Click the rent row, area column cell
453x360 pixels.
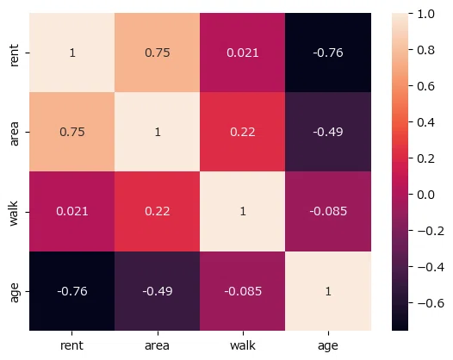(x=157, y=53)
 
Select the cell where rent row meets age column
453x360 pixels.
(x=328, y=53)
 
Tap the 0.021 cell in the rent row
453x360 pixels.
(x=242, y=53)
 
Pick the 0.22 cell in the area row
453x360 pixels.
(x=242, y=132)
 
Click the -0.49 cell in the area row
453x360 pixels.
(x=328, y=132)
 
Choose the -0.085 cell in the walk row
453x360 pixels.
(x=328, y=212)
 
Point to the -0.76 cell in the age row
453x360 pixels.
(x=72, y=291)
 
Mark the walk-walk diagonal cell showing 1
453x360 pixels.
(x=242, y=212)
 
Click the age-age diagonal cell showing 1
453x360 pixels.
(x=328, y=291)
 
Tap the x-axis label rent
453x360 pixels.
(x=71, y=345)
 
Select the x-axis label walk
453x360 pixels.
(x=243, y=345)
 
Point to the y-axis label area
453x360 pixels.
(x=14, y=133)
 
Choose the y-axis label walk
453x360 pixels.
(x=14, y=214)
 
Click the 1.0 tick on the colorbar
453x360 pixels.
(x=425, y=14)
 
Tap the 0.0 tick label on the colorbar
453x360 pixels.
(x=425, y=195)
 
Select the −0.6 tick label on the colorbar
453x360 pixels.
(x=431, y=303)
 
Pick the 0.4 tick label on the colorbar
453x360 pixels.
(x=425, y=122)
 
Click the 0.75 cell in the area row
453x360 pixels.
(x=72, y=132)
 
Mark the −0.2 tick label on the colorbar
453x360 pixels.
(x=431, y=231)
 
